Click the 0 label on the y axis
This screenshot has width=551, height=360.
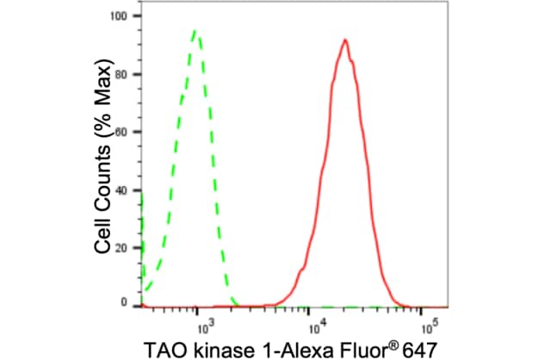(125, 304)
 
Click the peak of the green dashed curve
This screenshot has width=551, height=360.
(196, 31)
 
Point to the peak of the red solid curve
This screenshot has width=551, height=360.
(344, 40)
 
